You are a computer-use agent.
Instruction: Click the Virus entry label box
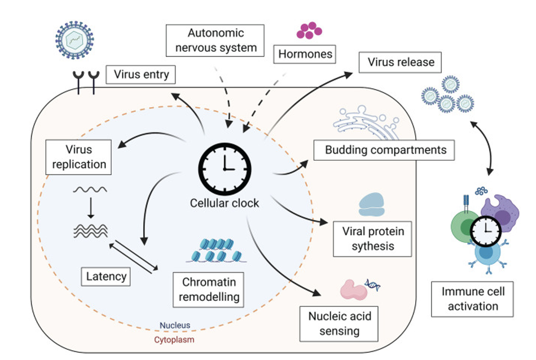141,74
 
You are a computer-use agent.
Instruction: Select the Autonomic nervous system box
215,40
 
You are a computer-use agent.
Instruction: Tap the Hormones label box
305,55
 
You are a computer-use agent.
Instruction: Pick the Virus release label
401,62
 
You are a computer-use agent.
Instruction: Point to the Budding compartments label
385,150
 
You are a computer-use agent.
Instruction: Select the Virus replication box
78,157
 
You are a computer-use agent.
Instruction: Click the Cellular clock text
225,203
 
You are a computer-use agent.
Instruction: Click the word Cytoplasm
174,340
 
